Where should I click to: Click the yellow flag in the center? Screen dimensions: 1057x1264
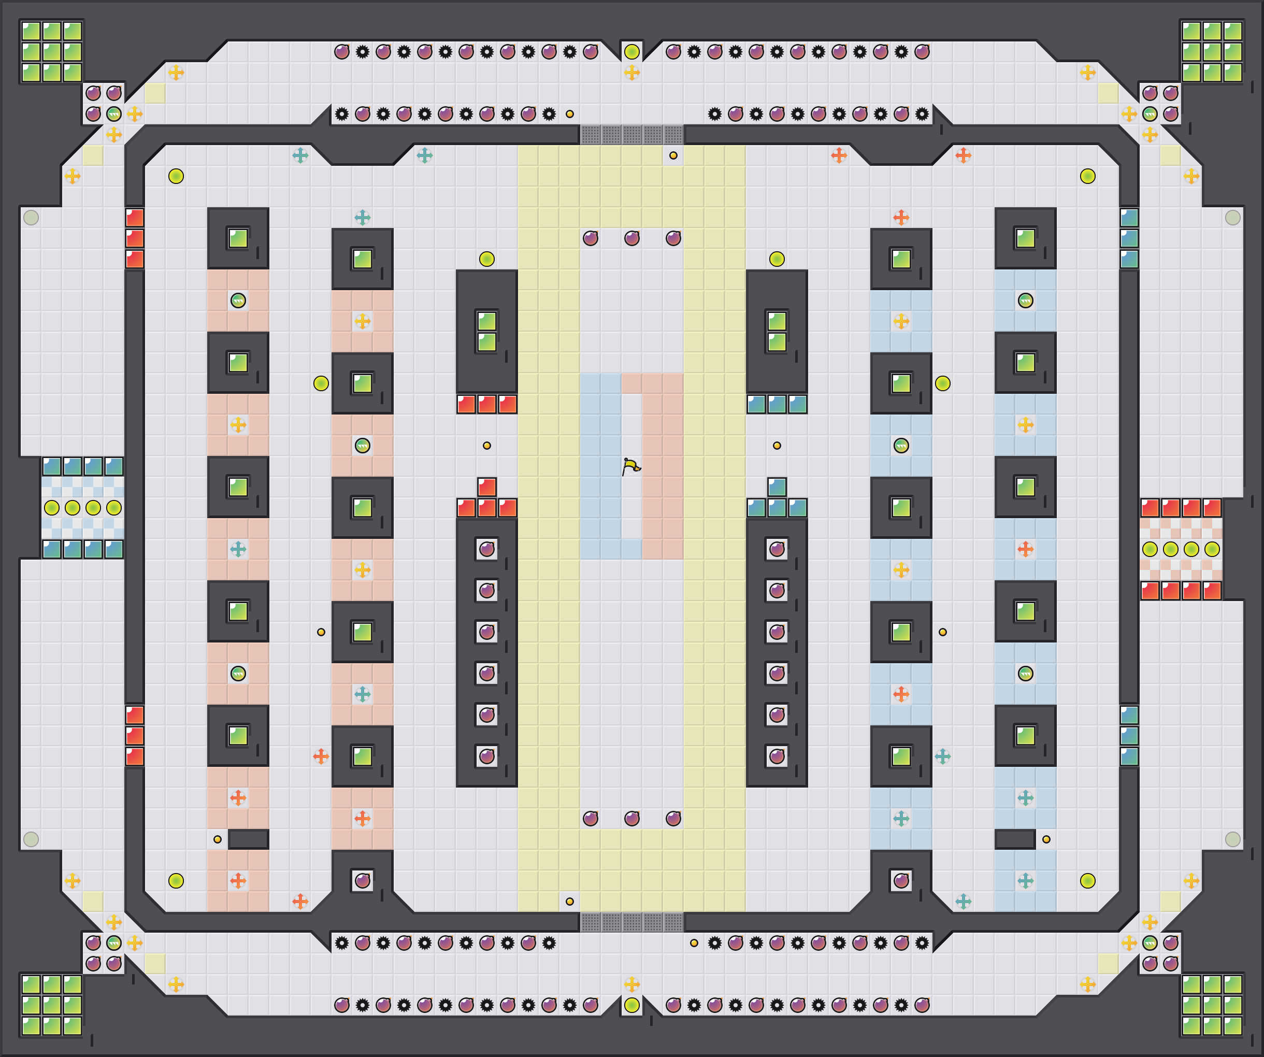pyautogui.click(x=630, y=466)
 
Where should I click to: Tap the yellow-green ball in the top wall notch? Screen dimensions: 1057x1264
pyautogui.click(x=631, y=52)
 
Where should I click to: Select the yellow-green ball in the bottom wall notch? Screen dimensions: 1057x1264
pyautogui.click(x=631, y=1005)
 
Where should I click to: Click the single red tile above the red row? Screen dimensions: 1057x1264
pyautogui.click(x=486, y=487)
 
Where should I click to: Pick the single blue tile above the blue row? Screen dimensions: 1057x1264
pyautogui.click(x=777, y=487)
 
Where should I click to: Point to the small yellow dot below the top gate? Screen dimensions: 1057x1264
pyautogui.click(x=673, y=155)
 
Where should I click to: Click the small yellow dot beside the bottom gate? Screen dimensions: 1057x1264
pyautogui.click(x=569, y=901)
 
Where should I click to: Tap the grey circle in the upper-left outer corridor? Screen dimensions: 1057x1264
pyautogui.click(x=31, y=217)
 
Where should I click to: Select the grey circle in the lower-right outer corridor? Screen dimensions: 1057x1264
pyautogui.click(x=1233, y=839)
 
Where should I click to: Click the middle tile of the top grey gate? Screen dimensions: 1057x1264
pyautogui.click(x=631, y=135)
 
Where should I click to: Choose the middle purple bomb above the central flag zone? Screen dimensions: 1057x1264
pyautogui.click(x=631, y=238)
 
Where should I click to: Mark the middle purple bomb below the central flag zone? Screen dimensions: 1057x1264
pyautogui.click(x=631, y=818)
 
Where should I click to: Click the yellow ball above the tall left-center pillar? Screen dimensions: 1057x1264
pyautogui.click(x=486, y=259)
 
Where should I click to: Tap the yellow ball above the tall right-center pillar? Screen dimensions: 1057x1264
pyautogui.click(x=777, y=259)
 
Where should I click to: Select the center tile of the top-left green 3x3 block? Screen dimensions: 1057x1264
pyautogui.click(x=51, y=52)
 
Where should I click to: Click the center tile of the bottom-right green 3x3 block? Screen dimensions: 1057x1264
pyautogui.click(x=1212, y=1005)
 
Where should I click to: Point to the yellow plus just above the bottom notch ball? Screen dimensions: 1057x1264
pyautogui.click(x=631, y=984)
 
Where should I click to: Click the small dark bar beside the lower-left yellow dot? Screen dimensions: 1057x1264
pyautogui.click(x=248, y=839)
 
